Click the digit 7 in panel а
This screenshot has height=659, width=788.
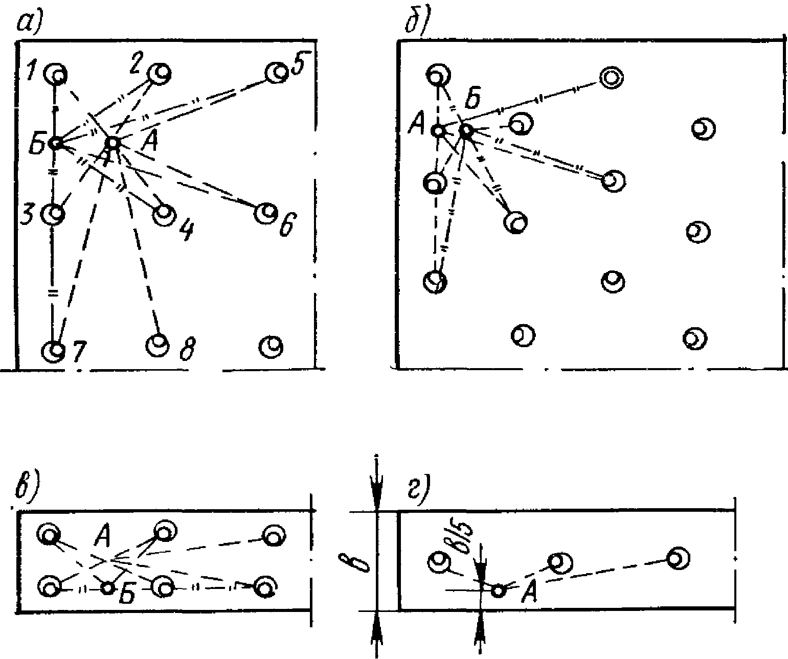80,351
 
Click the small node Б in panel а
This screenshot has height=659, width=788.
56,143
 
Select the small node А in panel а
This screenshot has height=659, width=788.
113,143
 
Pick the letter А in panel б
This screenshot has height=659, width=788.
417,125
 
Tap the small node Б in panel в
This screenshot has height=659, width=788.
108,587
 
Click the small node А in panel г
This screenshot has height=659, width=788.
499,590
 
